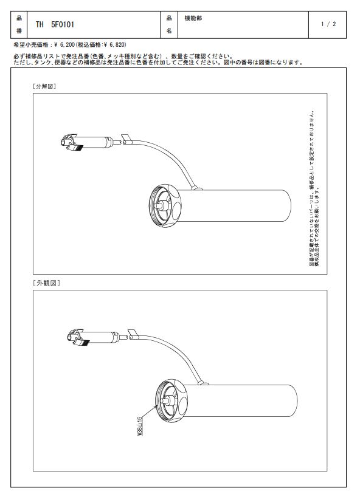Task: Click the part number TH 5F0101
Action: pos(55,24)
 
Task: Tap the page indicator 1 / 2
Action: pos(328,24)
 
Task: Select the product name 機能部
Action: pos(193,18)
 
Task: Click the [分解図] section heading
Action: pos(44,86)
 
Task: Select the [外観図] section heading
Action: pos(46,283)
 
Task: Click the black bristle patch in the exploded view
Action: pos(77,148)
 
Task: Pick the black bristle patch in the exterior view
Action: pos(85,343)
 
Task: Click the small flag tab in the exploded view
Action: pos(125,137)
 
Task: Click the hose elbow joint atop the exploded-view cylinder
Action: pos(198,188)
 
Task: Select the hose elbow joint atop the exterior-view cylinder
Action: pos(204,383)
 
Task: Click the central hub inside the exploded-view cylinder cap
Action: pos(159,205)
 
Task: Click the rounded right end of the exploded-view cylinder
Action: pos(291,206)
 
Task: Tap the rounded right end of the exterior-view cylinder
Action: pos(297,401)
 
